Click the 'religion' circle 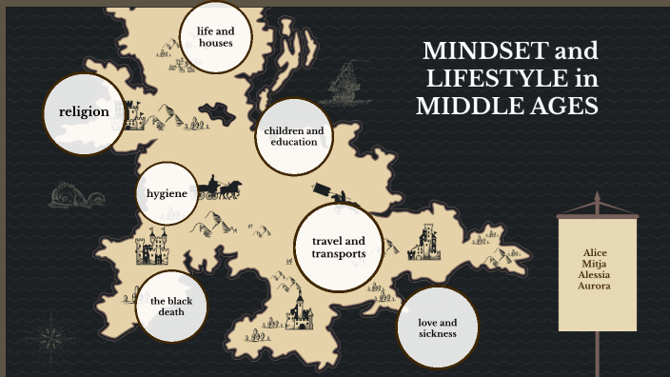pyautogui.click(x=85, y=112)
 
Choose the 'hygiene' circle pyautogui.click(x=167, y=192)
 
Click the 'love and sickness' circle pyautogui.click(x=437, y=327)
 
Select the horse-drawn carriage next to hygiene pyautogui.click(x=222, y=188)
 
